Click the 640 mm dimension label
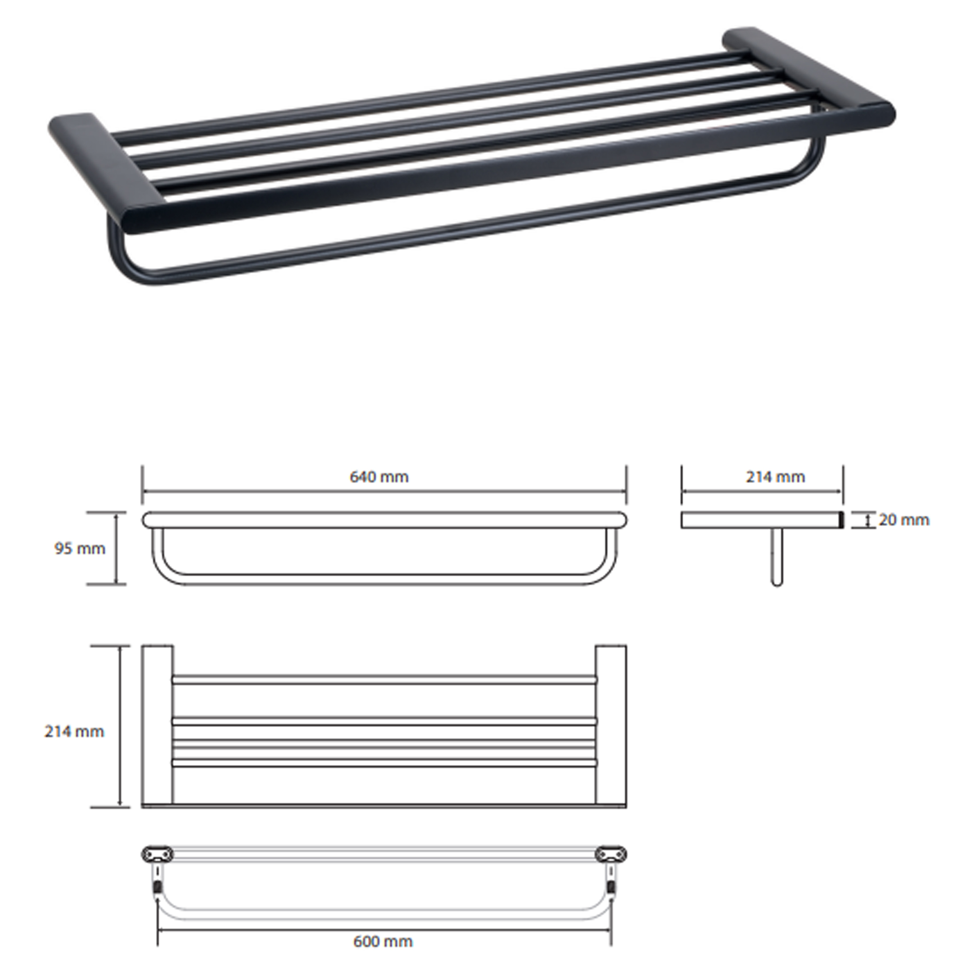pos(379,477)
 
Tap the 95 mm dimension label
pos(80,548)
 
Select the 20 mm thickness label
pos(904,520)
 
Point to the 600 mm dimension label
pos(383,941)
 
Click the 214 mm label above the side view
pos(775,477)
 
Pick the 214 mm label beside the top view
pos(74,731)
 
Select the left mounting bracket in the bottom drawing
pos(157,854)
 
